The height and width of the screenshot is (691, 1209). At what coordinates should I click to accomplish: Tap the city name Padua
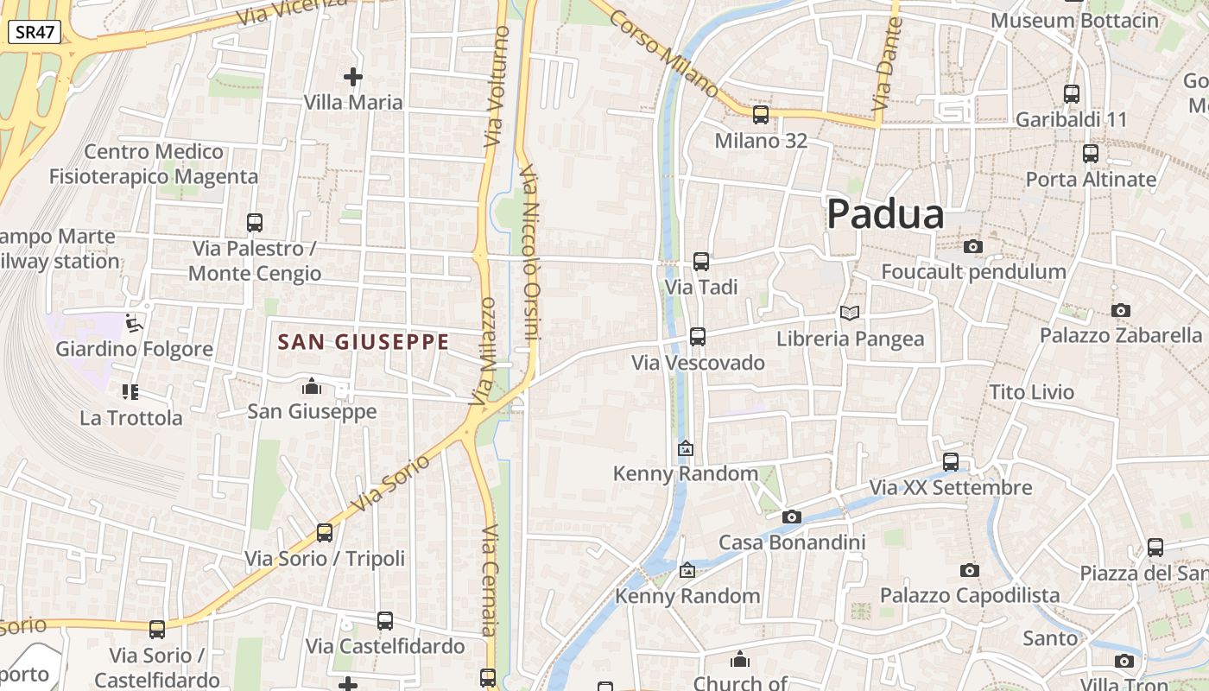click(x=885, y=213)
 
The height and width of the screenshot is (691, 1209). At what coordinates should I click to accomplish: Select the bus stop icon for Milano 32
click(x=761, y=114)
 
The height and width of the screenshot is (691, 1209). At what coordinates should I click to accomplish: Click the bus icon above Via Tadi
click(x=701, y=261)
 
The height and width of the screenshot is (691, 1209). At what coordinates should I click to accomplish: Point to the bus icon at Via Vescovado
click(x=698, y=337)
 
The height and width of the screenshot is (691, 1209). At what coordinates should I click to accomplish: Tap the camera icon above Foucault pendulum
click(x=973, y=247)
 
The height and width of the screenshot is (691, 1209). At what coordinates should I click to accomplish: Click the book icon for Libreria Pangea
click(x=850, y=313)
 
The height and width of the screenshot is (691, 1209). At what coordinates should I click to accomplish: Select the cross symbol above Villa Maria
click(x=353, y=77)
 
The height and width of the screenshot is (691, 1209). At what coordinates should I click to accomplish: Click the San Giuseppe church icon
click(x=312, y=386)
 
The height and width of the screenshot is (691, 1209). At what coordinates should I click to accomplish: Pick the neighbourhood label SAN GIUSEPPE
click(x=364, y=342)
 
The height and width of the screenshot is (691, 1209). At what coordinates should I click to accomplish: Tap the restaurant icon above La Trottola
click(x=130, y=393)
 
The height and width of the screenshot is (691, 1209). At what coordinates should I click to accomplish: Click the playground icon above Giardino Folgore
click(x=133, y=324)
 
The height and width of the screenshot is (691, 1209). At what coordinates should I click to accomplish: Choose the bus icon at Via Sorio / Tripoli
click(x=325, y=533)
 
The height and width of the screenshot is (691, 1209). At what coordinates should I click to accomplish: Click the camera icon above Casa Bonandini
click(x=792, y=517)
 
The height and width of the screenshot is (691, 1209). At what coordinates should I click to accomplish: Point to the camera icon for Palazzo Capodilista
click(x=970, y=570)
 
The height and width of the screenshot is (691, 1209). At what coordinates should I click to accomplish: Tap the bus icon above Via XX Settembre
click(x=951, y=462)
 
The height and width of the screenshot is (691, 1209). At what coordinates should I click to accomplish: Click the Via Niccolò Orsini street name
click(x=531, y=255)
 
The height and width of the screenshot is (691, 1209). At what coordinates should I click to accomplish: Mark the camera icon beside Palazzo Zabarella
click(x=1121, y=310)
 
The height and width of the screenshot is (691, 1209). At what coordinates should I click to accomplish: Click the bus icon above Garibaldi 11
click(x=1072, y=94)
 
